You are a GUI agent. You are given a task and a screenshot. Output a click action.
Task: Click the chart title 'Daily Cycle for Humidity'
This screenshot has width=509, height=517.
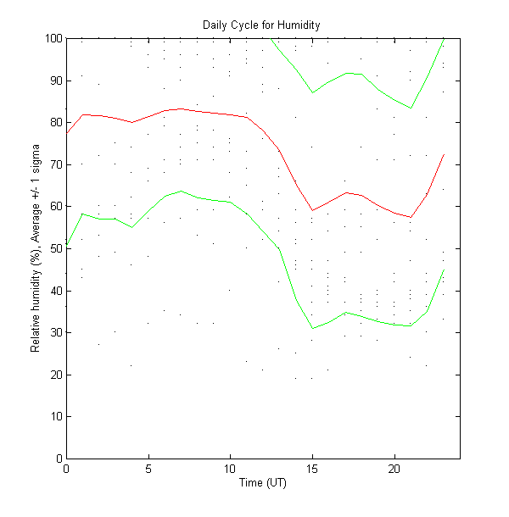[x=261, y=25]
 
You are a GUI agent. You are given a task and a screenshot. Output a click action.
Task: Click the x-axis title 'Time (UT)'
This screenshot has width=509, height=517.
[x=263, y=482]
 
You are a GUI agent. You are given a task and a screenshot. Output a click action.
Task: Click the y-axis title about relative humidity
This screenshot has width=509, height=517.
[x=36, y=248]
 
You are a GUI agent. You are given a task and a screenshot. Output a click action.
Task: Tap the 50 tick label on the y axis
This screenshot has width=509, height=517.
[x=54, y=248]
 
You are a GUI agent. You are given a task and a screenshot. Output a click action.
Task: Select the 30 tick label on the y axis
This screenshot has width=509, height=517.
[x=54, y=332]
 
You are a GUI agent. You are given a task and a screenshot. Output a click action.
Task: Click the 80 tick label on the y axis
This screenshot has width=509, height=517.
[x=54, y=122]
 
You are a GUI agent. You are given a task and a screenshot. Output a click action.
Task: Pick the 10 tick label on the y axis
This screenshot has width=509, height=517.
[x=54, y=416]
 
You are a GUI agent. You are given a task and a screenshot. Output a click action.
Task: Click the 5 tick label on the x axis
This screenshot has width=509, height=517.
[x=148, y=469]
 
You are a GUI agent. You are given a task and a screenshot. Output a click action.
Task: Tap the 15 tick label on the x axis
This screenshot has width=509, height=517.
[x=312, y=469]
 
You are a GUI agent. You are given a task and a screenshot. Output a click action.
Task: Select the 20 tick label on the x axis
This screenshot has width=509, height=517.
[x=394, y=469]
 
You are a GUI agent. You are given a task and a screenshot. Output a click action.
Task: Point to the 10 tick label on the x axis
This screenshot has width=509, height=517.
[x=230, y=469]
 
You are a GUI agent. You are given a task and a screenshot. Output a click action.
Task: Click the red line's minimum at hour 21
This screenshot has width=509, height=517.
[x=411, y=218]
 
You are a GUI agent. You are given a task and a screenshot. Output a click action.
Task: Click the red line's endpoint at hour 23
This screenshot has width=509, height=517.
[x=444, y=154]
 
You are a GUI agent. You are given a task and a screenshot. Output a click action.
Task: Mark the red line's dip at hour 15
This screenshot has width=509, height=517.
[x=312, y=210]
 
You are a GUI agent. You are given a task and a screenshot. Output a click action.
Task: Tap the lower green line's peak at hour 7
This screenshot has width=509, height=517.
[x=181, y=191]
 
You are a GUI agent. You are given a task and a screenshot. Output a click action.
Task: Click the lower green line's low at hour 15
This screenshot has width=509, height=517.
[x=312, y=328]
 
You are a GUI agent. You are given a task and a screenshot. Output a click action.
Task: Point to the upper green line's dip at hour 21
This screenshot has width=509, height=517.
[x=411, y=108]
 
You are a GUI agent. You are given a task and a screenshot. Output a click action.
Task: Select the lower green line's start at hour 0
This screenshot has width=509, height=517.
[x=66, y=246]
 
